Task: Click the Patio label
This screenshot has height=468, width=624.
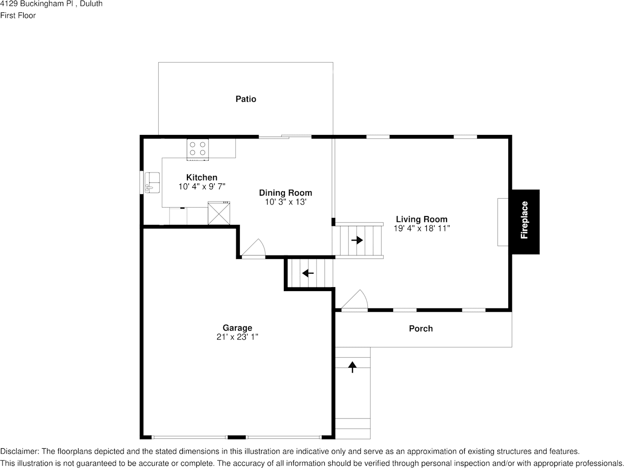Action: [x=246, y=99]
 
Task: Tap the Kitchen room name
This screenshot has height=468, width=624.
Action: [x=202, y=177]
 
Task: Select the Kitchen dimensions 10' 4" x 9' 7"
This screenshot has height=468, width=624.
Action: [x=202, y=186]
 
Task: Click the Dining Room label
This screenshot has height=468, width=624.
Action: [x=285, y=193]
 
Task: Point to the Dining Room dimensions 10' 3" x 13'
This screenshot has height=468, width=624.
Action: [x=285, y=202]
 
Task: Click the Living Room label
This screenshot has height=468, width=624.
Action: [x=422, y=219]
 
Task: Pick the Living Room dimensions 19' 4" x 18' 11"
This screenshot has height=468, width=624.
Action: [x=422, y=228]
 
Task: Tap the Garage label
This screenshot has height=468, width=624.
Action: [x=237, y=328]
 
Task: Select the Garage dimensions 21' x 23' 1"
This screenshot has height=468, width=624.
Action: [x=237, y=337]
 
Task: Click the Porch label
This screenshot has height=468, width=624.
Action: [x=421, y=329]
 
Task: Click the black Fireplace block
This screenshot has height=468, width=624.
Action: [x=526, y=221]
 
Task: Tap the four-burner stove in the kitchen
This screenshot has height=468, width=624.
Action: [x=198, y=149]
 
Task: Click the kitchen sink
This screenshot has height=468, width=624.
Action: [x=152, y=183]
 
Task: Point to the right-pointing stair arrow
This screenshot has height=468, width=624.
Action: [x=357, y=240]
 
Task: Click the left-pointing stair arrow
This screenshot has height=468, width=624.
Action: [x=308, y=273]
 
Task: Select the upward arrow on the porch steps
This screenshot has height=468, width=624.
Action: [x=352, y=367]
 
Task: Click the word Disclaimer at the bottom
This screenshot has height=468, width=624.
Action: [x=19, y=451]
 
